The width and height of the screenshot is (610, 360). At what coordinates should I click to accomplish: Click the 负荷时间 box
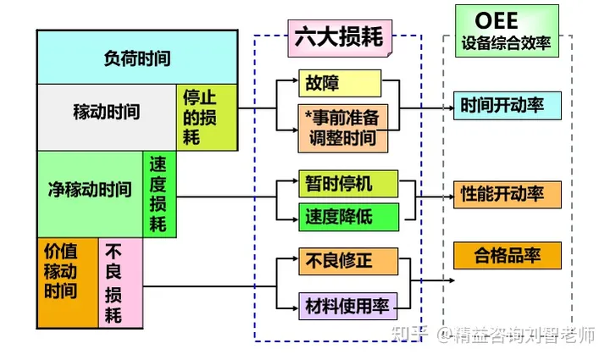pos(136,58)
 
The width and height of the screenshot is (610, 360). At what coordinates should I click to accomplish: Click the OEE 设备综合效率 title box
pos(507,30)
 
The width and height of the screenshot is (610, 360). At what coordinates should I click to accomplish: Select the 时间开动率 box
pos(507,106)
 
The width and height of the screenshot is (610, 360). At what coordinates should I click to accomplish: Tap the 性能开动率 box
pos(507,194)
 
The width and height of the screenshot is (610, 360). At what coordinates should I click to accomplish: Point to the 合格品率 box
pos(507,254)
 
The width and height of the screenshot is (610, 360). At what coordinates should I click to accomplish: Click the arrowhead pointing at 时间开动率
pos(448,108)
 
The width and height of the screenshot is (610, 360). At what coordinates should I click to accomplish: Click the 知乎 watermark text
pos(423,335)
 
